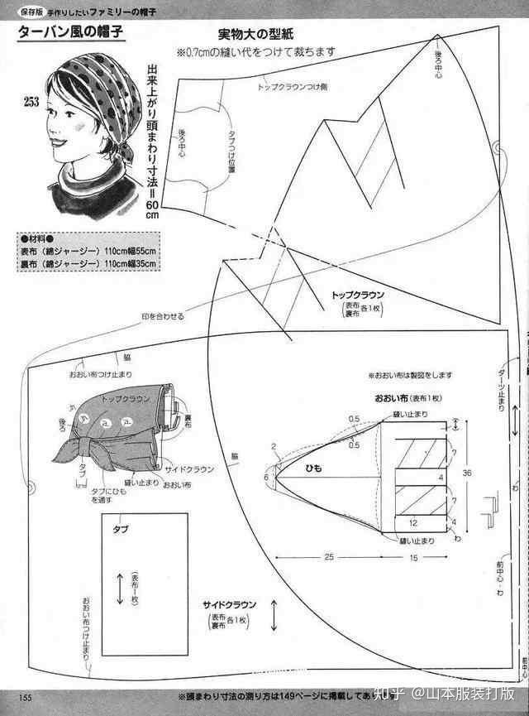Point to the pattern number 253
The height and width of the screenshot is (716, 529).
point(31,102)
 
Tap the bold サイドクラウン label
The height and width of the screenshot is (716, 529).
point(234,603)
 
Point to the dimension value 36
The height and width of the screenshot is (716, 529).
point(466,473)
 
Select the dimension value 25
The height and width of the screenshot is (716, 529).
point(328,557)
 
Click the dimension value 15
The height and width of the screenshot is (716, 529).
point(412,557)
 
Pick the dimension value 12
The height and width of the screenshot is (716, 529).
point(412,522)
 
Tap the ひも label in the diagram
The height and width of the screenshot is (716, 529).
point(313,469)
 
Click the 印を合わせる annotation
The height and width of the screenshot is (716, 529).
point(163,317)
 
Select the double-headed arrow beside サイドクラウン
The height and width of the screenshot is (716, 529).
point(274,617)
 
